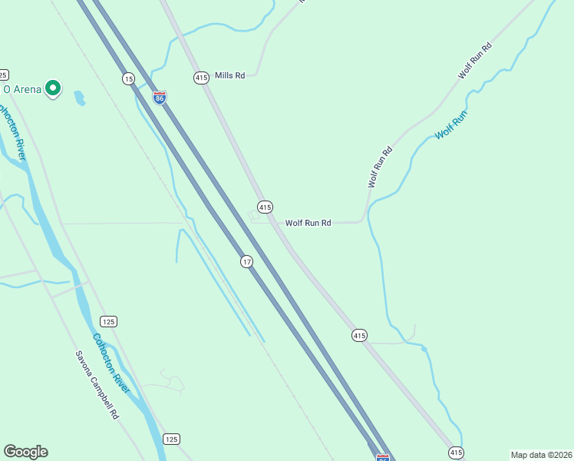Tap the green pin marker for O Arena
pos(53,89)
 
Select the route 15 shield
pos(128,79)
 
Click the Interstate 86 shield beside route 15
pos(159,98)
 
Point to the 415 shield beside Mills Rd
pos(201,78)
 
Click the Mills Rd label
pos(229,75)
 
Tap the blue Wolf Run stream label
pos(450,125)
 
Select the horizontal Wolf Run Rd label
pos(308,223)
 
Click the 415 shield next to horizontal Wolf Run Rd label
pos(265,207)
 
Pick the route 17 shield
pos(246,262)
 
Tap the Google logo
pos(25,452)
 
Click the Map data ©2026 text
pos(541,455)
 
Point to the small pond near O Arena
pos(79,98)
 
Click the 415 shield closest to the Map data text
pos(456,453)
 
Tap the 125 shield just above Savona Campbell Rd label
pos(107,320)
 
